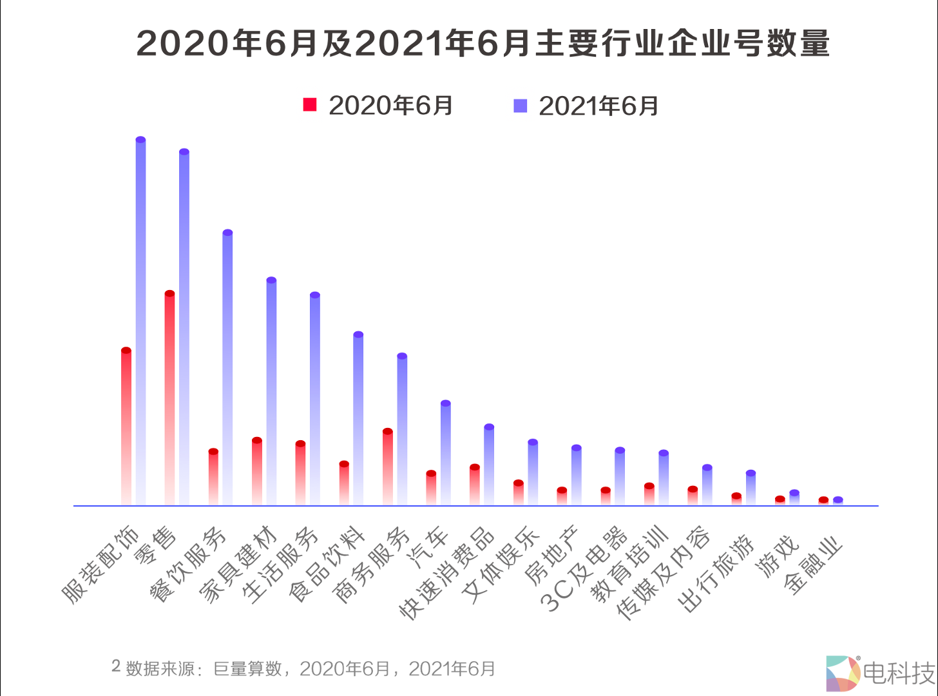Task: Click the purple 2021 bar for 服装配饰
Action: click(x=140, y=322)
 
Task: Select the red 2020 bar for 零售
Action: click(x=169, y=400)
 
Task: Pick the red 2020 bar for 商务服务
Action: click(x=387, y=467)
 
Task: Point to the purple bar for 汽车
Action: click(x=445, y=454)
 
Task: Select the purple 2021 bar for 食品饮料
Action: click(x=358, y=419)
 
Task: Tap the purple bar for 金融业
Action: click(x=837, y=501)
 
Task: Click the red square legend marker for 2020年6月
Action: click(x=310, y=105)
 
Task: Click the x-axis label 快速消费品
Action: click(x=447, y=574)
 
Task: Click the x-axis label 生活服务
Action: click(x=281, y=565)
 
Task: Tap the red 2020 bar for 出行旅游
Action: click(x=736, y=499)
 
